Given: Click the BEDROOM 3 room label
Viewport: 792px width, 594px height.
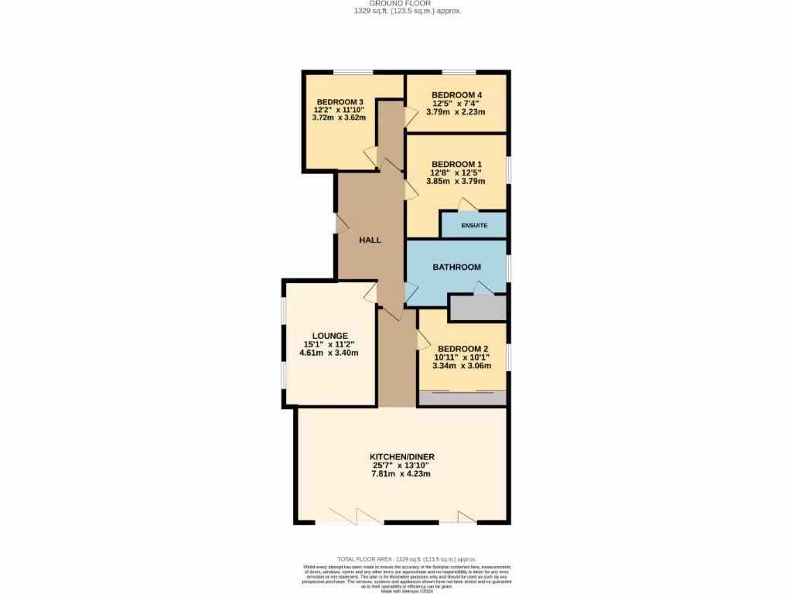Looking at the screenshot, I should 340,102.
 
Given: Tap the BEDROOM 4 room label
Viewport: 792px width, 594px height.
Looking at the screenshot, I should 456,96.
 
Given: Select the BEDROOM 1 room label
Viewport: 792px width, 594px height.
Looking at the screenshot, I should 456,164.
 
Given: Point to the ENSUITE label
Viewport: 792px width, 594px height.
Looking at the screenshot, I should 474,226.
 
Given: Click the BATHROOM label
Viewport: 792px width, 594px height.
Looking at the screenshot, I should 456,267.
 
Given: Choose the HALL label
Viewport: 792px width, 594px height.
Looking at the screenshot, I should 370,240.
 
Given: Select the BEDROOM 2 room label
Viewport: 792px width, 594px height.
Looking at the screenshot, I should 462,349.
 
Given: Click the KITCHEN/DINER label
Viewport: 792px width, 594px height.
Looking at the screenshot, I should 402,457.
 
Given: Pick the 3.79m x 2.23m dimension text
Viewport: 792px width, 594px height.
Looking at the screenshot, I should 456,111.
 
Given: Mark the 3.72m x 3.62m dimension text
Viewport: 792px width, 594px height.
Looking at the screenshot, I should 339,118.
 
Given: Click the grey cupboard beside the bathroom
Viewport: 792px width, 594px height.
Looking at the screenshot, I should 477,308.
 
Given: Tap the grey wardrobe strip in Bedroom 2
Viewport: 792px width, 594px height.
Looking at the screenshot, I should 462,398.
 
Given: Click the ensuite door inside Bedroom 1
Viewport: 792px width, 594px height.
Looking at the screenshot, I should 466,204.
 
